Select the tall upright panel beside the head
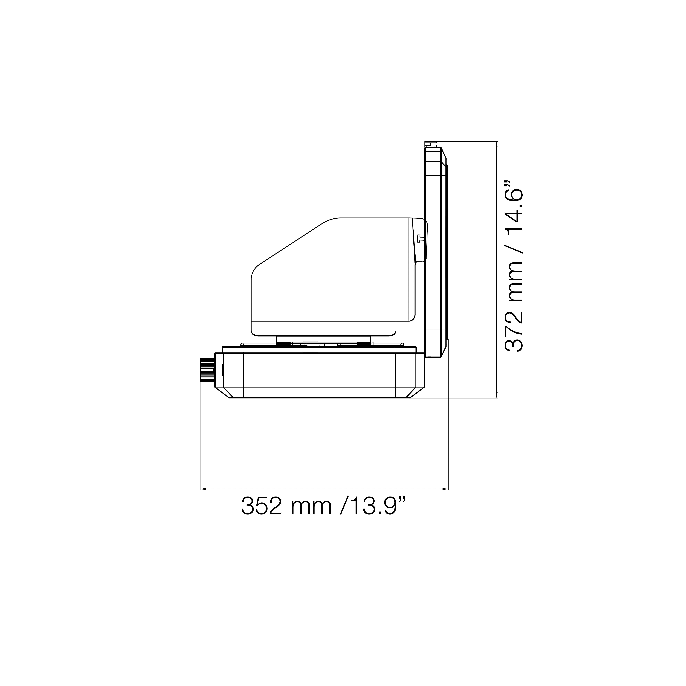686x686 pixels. [433, 252]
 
